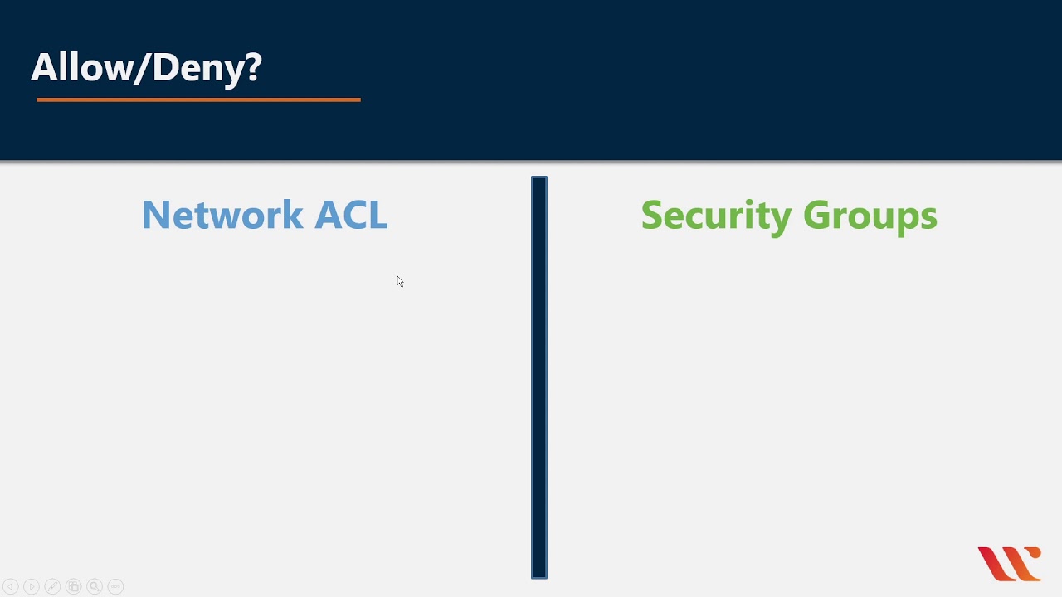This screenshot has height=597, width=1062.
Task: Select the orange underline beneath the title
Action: coord(198,99)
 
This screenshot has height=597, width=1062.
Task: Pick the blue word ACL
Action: coord(351,215)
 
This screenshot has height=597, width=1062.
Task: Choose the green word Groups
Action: coord(870,216)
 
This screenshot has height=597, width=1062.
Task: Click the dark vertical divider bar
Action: coord(539,377)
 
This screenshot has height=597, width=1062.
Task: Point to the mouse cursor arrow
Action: coord(399,281)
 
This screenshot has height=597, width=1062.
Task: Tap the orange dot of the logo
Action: coord(1034,554)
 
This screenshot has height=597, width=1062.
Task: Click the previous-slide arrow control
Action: coord(11,586)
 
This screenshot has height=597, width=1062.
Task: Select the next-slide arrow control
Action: coord(32,586)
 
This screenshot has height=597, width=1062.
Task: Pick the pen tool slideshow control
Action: coord(52,586)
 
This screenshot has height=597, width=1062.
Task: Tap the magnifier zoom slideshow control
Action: coord(95,586)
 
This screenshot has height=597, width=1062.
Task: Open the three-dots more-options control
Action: coord(115,586)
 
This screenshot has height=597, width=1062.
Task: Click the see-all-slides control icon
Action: coord(73,586)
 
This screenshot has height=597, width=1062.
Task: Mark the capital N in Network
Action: coord(155,215)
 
